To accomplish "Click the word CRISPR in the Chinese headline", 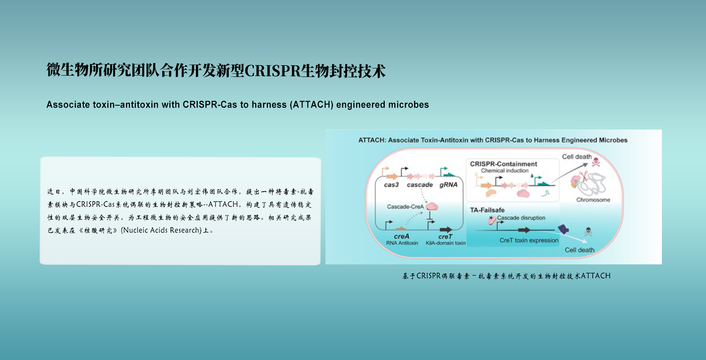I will [272, 71].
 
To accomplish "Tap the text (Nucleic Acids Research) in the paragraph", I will [161, 230].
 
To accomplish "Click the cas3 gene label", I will [391, 185].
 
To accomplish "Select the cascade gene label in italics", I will [419, 185].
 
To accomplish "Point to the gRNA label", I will [448, 185].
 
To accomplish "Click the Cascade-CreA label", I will [405, 207].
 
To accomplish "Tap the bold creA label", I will [401, 236].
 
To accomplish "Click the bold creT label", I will [445, 236].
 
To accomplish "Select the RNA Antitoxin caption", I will [402, 243].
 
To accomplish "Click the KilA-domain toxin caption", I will [445, 243].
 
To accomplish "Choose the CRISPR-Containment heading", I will [503, 164].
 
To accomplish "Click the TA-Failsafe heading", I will [487, 210].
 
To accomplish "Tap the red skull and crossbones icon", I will [596, 162].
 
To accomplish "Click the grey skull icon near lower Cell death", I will [588, 232].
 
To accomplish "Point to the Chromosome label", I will [593, 200].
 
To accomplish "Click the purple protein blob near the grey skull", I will [563, 229].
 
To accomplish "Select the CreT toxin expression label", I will [529, 241].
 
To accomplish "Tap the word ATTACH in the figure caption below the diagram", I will [596, 276].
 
